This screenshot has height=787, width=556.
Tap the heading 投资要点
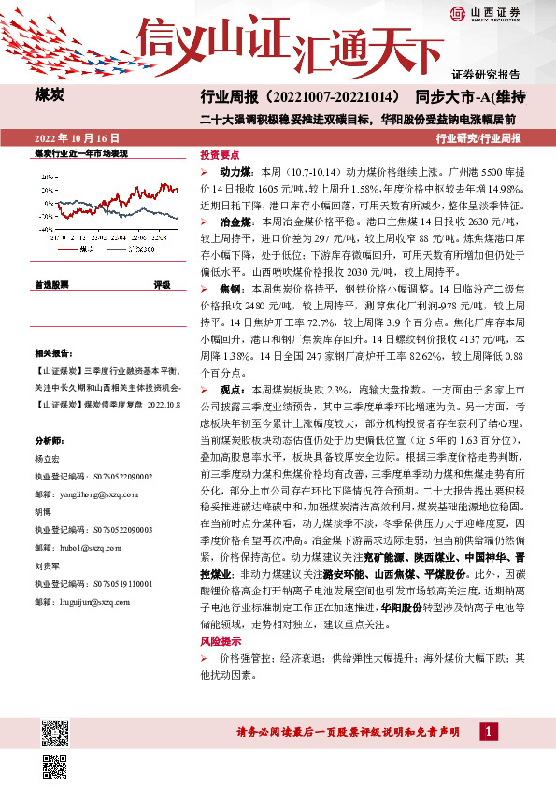pos(221,155)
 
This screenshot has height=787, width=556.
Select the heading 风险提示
pos(221,641)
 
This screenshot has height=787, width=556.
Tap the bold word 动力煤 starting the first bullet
pos(234,174)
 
